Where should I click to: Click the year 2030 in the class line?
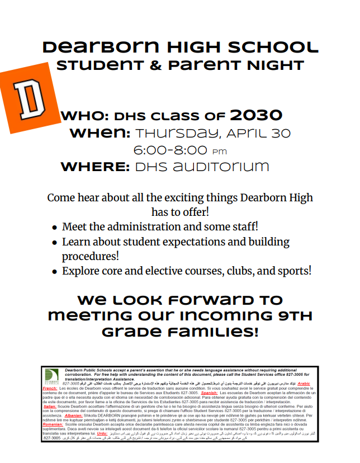(256, 116)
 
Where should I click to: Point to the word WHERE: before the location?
(95, 167)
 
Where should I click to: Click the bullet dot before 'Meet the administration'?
(54, 228)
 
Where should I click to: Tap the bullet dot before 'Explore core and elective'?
(54, 272)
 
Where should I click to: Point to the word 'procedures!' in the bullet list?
(91, 257)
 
